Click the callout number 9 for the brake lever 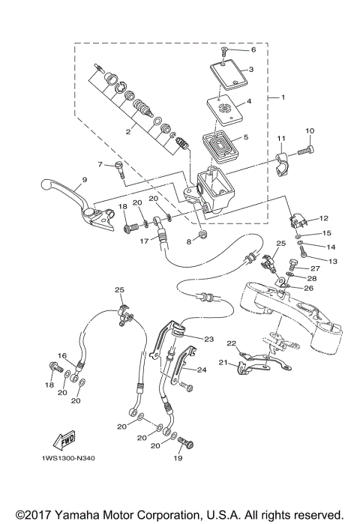tap(84, 179)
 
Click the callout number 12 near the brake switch tap(325, 218)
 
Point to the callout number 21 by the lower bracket tap(222, 362)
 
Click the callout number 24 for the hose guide tap(201, 370)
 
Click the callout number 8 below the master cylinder tap(190, 241)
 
